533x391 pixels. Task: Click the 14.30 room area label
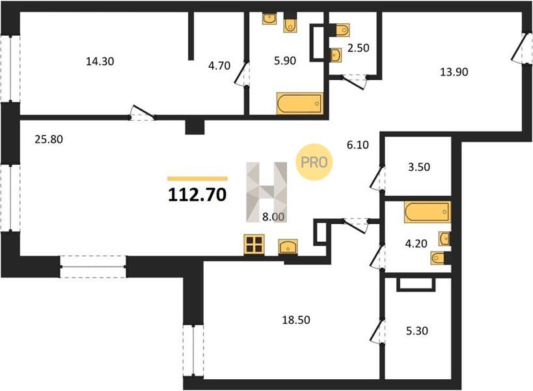click(100, 62)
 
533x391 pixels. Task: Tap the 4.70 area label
click(219, 65)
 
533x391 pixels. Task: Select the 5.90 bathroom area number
click(285, 61)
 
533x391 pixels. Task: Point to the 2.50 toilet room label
click(359, 48)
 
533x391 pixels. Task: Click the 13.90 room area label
click(454, 72)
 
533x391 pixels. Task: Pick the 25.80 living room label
click(49, 139)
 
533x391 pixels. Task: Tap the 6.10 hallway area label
click(357, 145)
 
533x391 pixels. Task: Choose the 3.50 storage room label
click(419, 167)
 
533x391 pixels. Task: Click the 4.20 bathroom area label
click(417, 244)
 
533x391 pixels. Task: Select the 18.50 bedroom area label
click(296, 320)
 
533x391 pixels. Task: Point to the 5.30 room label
click(417, 331)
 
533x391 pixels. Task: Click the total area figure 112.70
click(197, 195)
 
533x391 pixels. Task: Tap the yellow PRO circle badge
click(314, 162)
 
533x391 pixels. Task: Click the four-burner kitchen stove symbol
click(254, 244)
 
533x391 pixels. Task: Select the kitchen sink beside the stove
click(288, 247)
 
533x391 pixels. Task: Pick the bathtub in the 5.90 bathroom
click(299, 104)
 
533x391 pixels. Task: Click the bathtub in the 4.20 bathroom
click(428, 212)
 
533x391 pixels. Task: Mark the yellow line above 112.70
click(197, 179)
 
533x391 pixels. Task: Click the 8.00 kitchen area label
click(273, 217)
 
